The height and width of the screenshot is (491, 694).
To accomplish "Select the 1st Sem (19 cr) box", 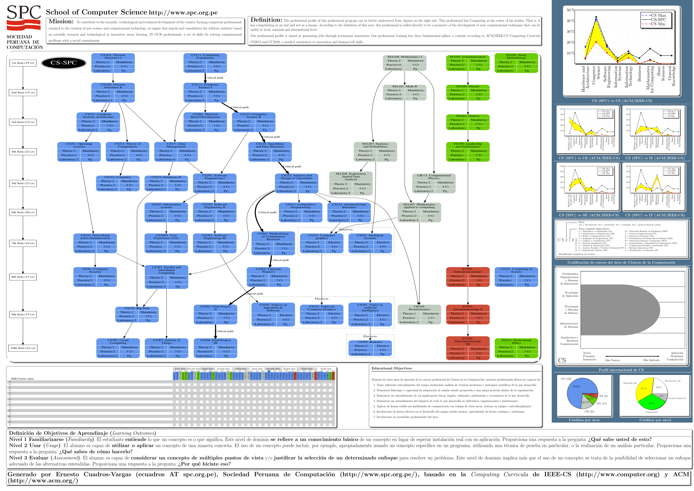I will click(x=23, y=63).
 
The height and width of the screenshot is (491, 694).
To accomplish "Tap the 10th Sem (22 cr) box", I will click(x=23, y=348).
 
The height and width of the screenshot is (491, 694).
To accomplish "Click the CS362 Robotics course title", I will click(x=370, y=342).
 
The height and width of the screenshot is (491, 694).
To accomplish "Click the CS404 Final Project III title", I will click(x=215, y=342).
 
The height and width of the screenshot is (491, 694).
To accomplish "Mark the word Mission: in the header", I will click(x=61, y=21).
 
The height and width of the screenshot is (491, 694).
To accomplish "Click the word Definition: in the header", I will click(x=266, y=20).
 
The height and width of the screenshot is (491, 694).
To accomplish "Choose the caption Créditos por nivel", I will click(x=655, y=420).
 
